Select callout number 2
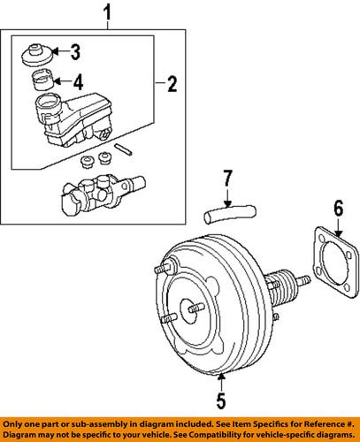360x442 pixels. click(172, 85)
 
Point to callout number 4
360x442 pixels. click(78, 82)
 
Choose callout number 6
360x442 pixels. click(336, 233)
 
